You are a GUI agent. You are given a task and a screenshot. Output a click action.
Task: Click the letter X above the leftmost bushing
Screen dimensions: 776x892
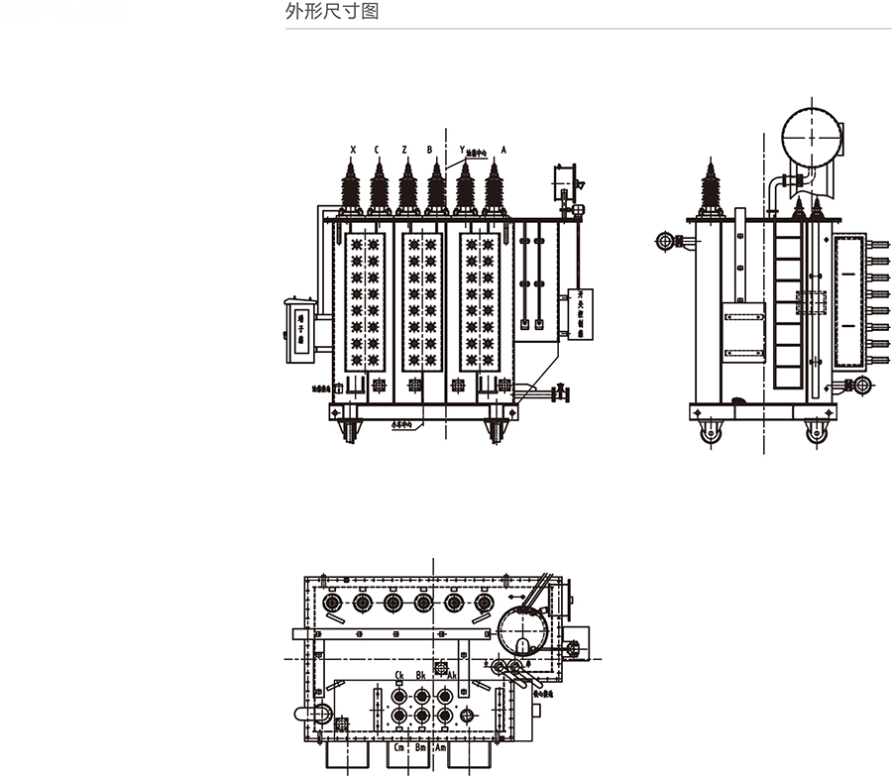point(353,150)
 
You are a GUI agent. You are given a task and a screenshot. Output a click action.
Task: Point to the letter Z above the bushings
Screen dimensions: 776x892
point(404,150)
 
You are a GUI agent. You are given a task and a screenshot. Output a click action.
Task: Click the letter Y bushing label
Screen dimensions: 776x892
point(461,150)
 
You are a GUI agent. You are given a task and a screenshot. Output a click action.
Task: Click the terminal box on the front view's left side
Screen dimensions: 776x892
point(300,330)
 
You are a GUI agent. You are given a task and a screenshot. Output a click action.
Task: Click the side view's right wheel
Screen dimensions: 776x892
point(816,431)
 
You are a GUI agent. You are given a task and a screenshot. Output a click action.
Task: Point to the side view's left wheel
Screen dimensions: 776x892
point(710,431)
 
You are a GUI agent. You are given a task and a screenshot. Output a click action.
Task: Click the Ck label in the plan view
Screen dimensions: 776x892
point(398,675)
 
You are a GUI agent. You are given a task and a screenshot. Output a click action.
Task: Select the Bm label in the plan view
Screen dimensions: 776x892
point(421,748)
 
